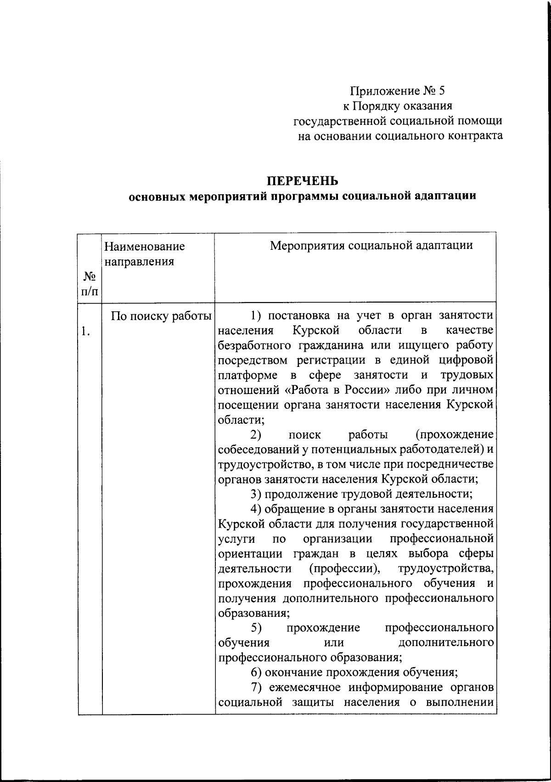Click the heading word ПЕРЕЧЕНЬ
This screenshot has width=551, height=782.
303,180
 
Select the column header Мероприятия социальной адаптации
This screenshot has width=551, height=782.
371,245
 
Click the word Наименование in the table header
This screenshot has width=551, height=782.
144,247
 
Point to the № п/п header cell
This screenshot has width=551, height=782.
90,284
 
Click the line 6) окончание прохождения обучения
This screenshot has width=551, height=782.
354,673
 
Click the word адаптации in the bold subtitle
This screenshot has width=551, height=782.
446,196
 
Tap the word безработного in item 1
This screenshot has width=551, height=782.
257,345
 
